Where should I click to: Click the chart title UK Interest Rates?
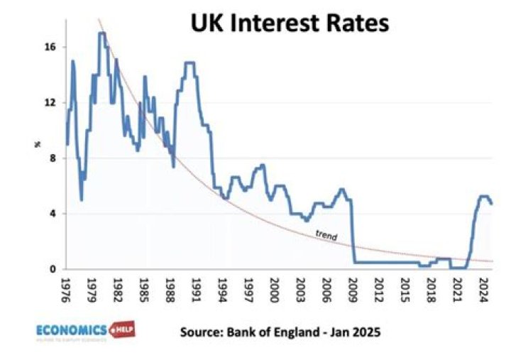290,23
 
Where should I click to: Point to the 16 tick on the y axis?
50,48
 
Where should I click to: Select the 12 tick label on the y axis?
50,102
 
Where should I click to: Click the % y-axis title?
37,145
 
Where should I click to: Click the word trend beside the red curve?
326,236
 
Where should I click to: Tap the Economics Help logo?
85,331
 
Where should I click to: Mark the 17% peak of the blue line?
102,33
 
